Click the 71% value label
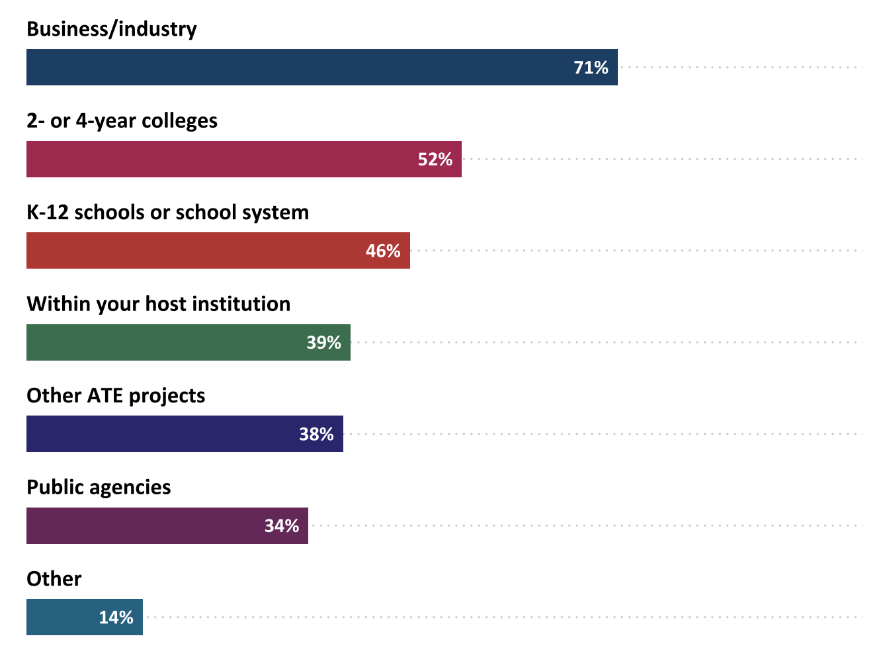click(x=591, y=67)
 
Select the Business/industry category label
click(x=112, y=29)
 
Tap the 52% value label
click(x=435, y=159)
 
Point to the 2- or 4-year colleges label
click(x=122, y=121)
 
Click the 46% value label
click(x=383, y=251)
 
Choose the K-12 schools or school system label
click(x=167, y=212)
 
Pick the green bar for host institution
click(x=165, y=343)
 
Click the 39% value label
click(x=323, y=343)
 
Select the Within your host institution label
click(x=158, y=304)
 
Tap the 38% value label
click(x=316, y=434)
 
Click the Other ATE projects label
click(x=116, y=396)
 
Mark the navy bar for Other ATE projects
click(x=159, y=434)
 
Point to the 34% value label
click(x=282, y=526)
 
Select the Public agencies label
click(x=99, y=488)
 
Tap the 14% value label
click(x=116, y=617)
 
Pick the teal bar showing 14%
click(x=60, y=617)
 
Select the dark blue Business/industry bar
click(x=298, y=67)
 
